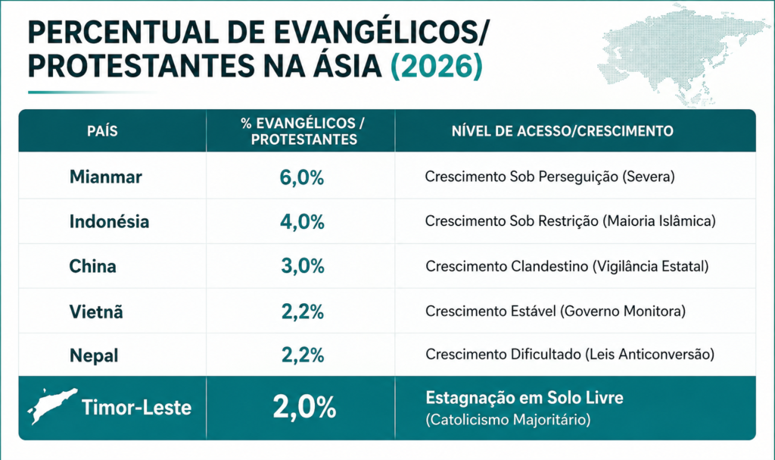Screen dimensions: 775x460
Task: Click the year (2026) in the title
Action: click(437, 66)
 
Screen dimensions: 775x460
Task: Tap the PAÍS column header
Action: click(102, 131)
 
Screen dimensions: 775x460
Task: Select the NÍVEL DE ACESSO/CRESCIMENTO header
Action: click(562, 131)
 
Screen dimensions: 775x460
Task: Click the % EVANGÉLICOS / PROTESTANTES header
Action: click(303, 131)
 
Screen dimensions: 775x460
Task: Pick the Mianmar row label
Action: click(106, 177)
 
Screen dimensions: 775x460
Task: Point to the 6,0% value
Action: click(302, 177)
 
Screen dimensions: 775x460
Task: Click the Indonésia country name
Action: click(109, 221)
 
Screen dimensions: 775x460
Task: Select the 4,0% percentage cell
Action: click(302, 222)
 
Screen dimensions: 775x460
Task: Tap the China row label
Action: click(92, 267)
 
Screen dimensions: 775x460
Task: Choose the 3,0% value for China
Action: click(303, 267)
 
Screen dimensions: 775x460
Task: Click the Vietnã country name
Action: click(96, 311)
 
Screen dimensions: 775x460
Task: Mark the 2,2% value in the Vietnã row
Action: click(303, 311)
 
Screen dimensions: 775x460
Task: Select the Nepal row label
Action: click(94, 355)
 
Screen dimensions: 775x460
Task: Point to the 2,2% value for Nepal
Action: click(303, 355)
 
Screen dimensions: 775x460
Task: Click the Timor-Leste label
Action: click(136, 408)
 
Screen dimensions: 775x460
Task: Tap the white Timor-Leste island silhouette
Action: click(51, 405)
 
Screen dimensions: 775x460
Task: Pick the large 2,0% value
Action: click(304, 408)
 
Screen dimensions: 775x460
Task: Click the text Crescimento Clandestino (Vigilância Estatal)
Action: click(567, 267)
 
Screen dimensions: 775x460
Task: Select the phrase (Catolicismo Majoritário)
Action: click(508, 420)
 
